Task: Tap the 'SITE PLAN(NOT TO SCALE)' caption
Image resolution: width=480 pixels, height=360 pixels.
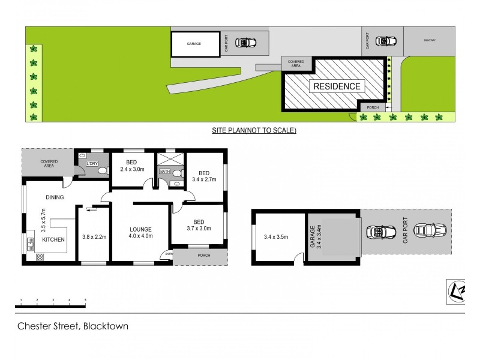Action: (x=254, y=130)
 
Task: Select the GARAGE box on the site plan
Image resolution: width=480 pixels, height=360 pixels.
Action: (x=194, y=44)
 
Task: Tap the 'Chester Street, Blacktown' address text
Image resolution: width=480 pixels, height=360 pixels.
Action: (x=72, y=327)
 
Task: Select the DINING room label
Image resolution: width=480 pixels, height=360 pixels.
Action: (x=54, y=197)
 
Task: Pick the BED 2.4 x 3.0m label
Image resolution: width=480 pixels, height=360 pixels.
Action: (x=133, y=166)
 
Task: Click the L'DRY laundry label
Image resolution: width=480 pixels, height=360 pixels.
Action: (x=92, y=163)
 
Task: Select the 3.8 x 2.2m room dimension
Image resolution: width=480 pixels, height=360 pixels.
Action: (x=94, y=236)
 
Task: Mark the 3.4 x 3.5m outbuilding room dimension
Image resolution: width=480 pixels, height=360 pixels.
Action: (x=276, y=236)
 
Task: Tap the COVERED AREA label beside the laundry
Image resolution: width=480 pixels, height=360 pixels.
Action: (x=49, y=164)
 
